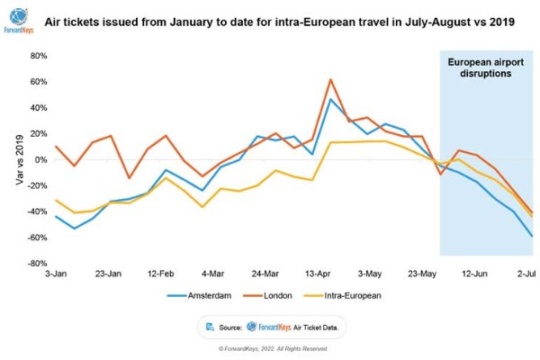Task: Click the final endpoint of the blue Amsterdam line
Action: tap(532, 236)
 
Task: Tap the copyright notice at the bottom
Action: tap(270, 347)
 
